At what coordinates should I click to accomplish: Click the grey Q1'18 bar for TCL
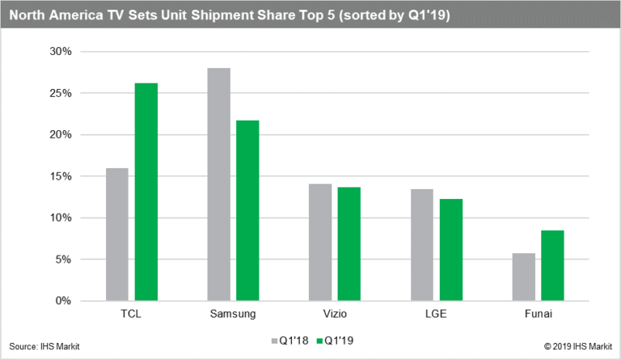pyautogui.click(x=116, y=235)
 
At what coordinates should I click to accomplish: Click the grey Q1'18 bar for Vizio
pyautogui.click(x=319, y=243)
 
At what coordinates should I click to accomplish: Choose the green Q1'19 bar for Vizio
pyautogui.click(x=349, y=244)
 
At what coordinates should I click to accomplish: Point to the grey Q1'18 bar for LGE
pyautogui.click(x=421, y=245)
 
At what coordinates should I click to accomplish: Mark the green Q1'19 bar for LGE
pyautogui.click(x=450, y=250)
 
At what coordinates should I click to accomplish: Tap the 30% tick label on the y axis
pyautogui.click(x=61, y=52)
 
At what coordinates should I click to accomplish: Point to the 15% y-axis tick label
pyautogui.click(x=61, y=176)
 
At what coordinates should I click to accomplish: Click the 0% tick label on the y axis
pyautogui.click(x=64, y=301)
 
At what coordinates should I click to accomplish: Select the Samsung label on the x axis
pyautogui.click(x=233, y=314)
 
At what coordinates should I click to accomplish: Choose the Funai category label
pyautogui.click(x=537, y=314)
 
